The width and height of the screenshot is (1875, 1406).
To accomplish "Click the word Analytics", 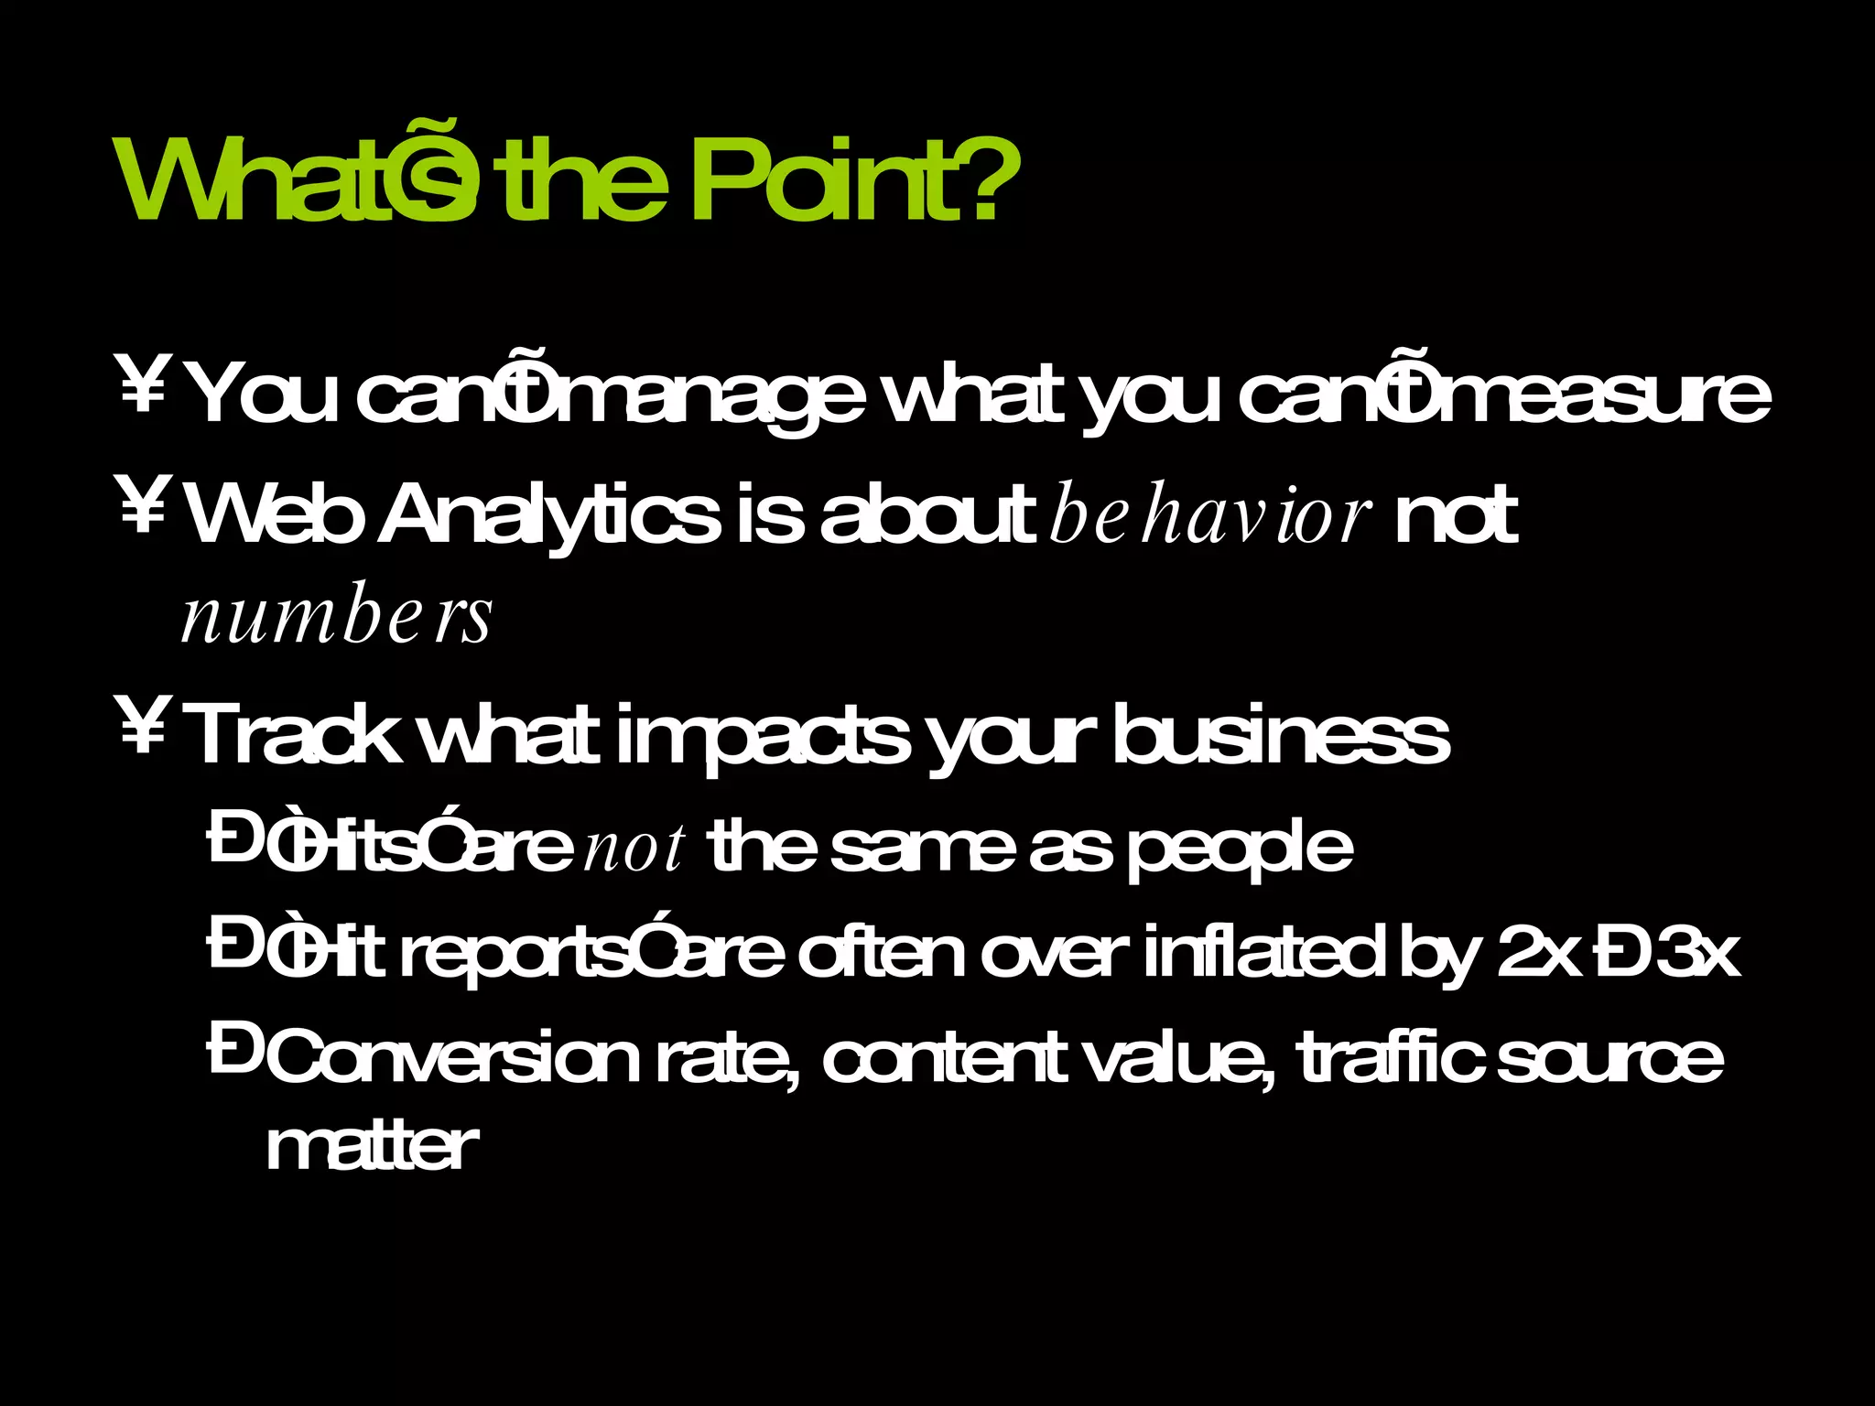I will (x=548, y=515).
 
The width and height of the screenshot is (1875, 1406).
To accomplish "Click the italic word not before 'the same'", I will (x=634, y=847).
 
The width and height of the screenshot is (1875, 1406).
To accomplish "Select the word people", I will (x=1238, y=847).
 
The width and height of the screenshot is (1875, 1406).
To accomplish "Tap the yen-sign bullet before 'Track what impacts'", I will (x=142, y=725).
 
